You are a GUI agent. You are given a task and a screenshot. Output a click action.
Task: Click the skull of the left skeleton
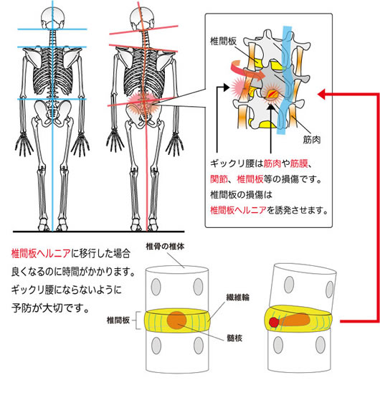(x=52, y=18)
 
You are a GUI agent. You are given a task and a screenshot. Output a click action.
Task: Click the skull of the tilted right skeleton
(x=142, y=18)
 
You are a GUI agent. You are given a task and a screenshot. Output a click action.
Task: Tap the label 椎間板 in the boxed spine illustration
(x=223, y=42)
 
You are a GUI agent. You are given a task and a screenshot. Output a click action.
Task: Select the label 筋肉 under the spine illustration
(x=312, y=139)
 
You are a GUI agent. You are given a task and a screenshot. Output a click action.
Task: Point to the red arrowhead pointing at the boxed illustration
(x=321, y=94)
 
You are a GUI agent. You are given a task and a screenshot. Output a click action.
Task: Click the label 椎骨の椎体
(x=165, y=246)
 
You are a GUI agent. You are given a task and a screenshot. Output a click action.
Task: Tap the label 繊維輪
(x=237, y=298)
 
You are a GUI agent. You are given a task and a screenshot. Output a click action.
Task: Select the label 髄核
(x=234, y=338)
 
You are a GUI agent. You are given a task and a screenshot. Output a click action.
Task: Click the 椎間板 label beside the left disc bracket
(x=118, y=320)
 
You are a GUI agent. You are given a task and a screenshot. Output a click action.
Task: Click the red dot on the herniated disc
(x=274, y=323)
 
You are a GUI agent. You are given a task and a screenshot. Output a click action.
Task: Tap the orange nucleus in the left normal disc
(x=176, y=320)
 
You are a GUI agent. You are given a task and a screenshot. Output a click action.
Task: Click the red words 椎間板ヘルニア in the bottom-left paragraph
(x=41, y=253)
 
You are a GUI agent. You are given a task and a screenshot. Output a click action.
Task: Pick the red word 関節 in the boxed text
(x=219, y=179)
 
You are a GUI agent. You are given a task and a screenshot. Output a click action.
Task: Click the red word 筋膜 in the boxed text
(x=299, y=163)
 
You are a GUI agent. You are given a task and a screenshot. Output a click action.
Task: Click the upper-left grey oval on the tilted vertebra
(x=289, y=284)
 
